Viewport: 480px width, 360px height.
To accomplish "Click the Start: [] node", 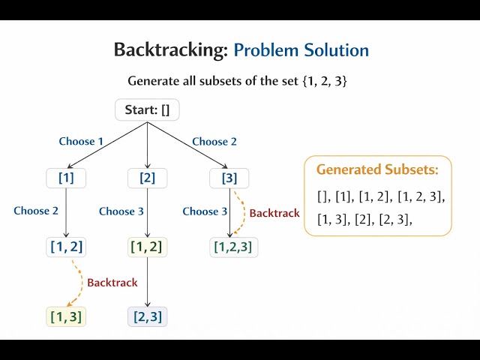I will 147,110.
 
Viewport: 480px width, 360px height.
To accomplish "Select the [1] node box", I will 66,178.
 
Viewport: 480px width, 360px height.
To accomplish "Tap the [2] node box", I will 147,178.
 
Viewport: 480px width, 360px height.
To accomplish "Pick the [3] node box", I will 229,178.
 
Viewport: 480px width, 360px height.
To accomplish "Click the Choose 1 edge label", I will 82,141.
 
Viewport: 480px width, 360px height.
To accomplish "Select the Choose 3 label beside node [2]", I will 121,211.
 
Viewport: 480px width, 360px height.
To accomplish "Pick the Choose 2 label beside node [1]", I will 36,211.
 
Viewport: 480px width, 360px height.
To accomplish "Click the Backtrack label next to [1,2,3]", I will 274,213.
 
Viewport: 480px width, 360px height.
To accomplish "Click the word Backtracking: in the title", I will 171,50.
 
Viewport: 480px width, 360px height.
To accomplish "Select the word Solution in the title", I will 336,50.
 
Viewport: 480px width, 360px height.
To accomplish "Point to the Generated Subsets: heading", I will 377,169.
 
